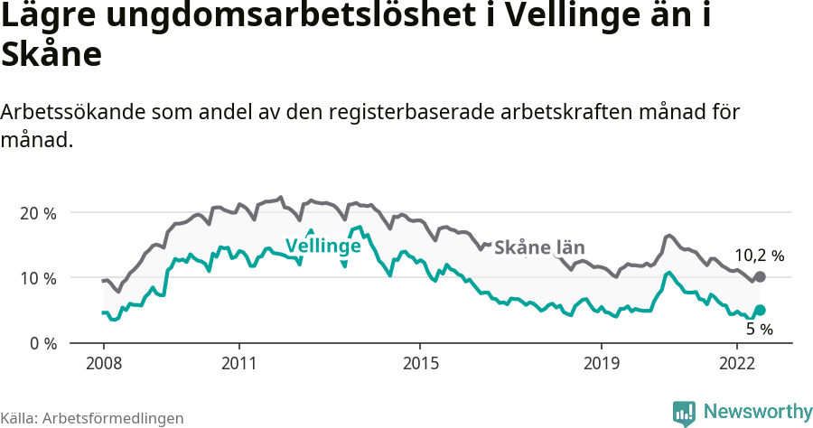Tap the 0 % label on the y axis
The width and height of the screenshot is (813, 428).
42,344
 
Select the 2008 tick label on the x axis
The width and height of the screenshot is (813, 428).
103,363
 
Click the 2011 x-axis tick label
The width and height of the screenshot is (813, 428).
238,363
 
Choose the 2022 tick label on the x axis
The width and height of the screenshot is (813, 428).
736,363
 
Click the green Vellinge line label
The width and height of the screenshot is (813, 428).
323,246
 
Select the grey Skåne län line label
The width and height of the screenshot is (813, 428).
539,247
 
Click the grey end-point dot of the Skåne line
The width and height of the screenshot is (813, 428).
760,276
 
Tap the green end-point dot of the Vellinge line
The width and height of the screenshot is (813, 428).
760,311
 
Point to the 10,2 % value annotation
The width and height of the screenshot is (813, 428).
759,256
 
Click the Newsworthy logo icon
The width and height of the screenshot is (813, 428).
684,413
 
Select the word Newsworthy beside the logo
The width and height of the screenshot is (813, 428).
758,412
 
